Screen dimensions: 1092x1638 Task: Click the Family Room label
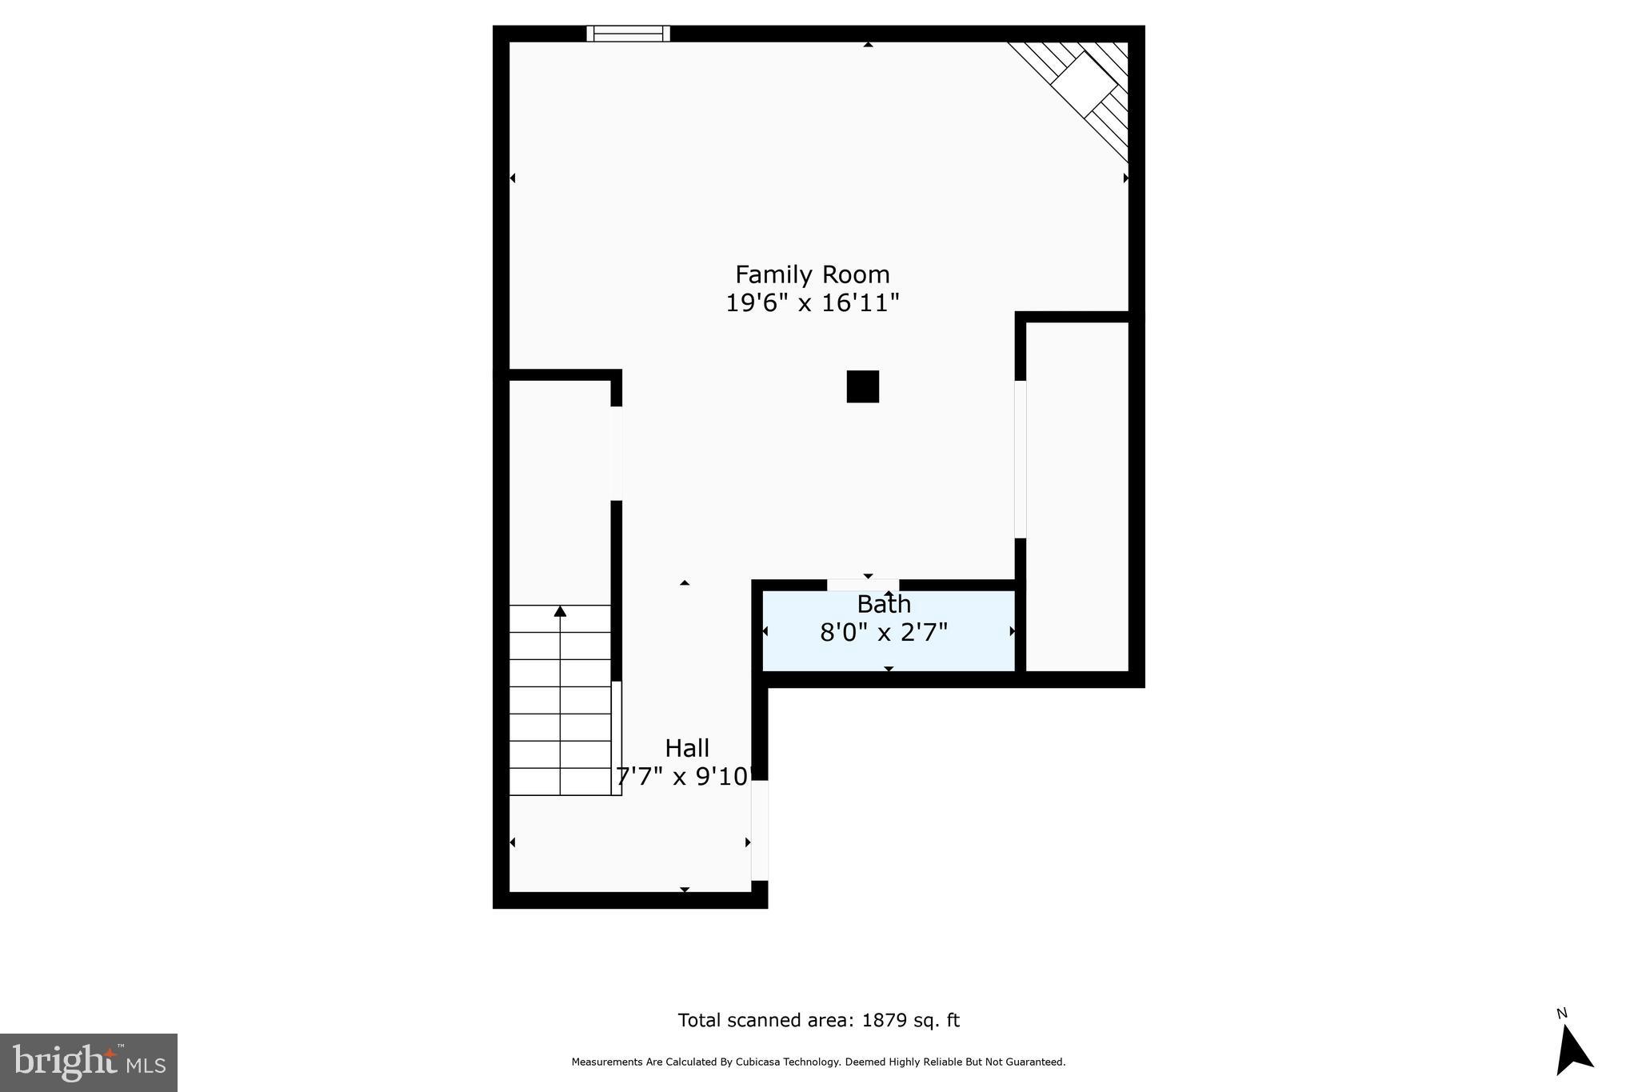pos(812,274)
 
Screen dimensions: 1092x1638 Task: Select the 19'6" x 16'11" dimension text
pos(812,303)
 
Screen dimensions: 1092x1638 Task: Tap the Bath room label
pos(883,604)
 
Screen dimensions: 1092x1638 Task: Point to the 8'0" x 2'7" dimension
pos(883,633)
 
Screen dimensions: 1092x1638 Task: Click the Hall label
pos(687,748)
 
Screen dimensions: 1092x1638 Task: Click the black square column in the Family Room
pos(862,386)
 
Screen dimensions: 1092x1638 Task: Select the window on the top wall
pos(628,34)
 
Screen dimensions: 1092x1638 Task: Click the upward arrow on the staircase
pos(560,612)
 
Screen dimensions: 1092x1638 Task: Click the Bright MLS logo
pos(89,1062)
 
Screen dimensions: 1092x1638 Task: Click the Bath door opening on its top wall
pos(862,585)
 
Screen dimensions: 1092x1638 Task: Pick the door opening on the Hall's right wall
pos(759,830)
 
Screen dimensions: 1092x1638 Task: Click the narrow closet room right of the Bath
pos(1077,496)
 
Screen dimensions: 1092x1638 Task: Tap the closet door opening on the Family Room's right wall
pos(1020,459)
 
